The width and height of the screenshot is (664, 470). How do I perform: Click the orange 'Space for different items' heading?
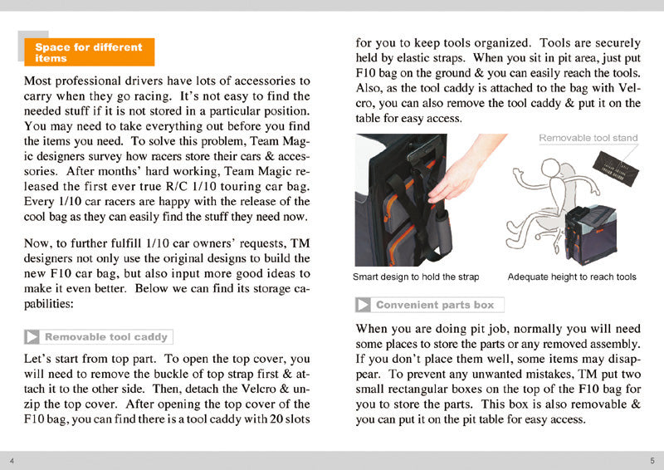pyautogui.click(x=89, y=52)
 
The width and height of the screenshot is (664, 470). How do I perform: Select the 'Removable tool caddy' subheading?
pyautogui.click(x=107, y=337)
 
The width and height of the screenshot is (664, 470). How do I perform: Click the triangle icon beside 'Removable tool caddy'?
pyautogui.click(x=32, y=337)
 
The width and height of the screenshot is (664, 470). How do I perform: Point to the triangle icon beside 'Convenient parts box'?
pyautogui.click(x=364, y=305)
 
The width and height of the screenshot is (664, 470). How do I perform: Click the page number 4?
pyautogui.click(x=12, y=460)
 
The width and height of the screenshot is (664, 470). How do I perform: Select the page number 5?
pyautogui.click(x=652, y=460)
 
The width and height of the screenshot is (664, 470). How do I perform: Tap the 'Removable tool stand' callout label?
pyautogui.click(x=588, y=138)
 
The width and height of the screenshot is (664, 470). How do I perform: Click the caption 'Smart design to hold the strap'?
pyautogui.click(x=416, y=277)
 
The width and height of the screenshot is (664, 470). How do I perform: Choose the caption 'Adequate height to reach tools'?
pyautogui.click(x=572, y=277)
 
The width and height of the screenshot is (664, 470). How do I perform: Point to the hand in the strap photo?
pyautogui.click(x=456, y=176)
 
